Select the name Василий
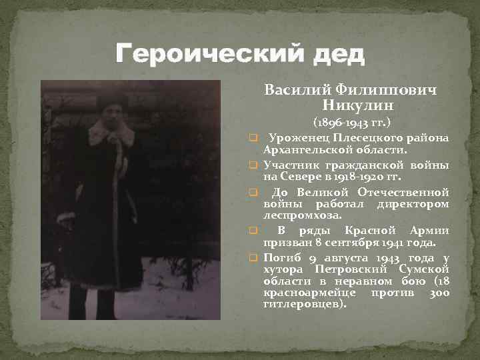coord(295,89)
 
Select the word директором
coord(413,203)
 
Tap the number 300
coord(438,293)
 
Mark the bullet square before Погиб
coord(253,257)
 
